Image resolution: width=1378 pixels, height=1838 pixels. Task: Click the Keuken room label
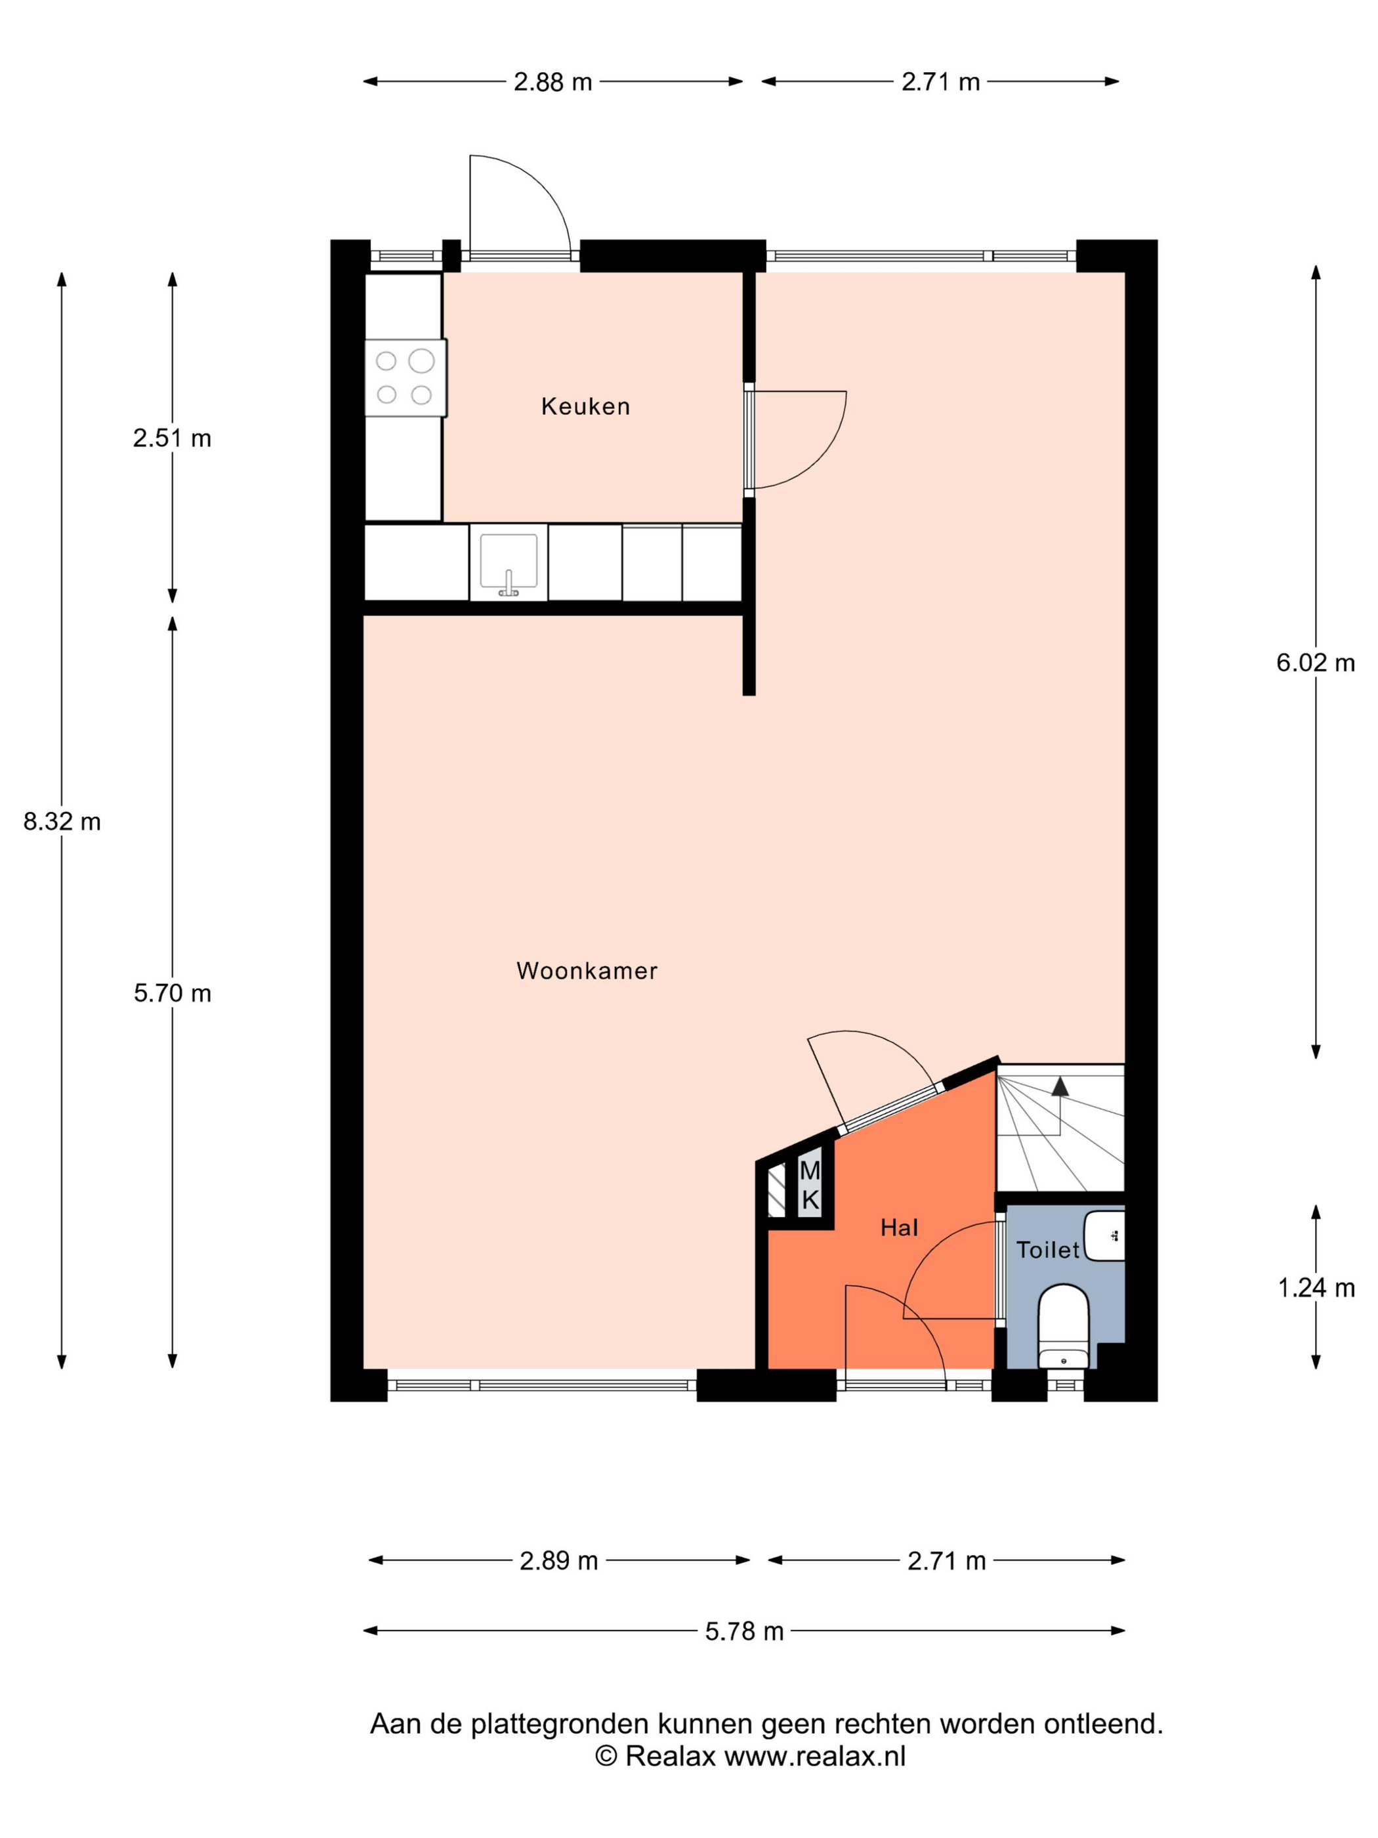coord(585,406)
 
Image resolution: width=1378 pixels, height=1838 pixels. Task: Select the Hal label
coord(899,1228)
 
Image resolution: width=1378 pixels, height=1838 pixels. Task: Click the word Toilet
coord(1047,1250)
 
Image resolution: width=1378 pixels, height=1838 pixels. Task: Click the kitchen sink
coord(509,563)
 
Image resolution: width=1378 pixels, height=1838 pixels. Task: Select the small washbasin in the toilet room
coord(1105,1235)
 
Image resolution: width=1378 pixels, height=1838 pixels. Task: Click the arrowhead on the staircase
coord(1060,1086)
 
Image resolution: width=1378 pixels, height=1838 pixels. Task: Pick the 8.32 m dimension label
coord(62,822)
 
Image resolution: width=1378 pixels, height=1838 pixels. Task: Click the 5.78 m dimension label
coord(744,1631)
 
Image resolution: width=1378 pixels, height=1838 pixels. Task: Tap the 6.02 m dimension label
coord(1316,663)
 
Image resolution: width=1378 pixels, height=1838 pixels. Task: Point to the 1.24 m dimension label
coord(1316,1288)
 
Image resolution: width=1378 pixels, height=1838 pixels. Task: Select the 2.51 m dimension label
coord(172,438)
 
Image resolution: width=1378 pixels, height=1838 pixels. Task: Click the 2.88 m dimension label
coord(553,82)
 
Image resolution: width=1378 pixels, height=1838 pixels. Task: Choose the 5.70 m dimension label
coord(173,993)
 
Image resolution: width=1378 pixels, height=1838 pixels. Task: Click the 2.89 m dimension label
coord(559,1561)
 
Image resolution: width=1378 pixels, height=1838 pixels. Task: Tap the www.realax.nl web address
coord(815,1756)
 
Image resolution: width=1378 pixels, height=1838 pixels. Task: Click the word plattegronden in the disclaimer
coord(560,1724)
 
